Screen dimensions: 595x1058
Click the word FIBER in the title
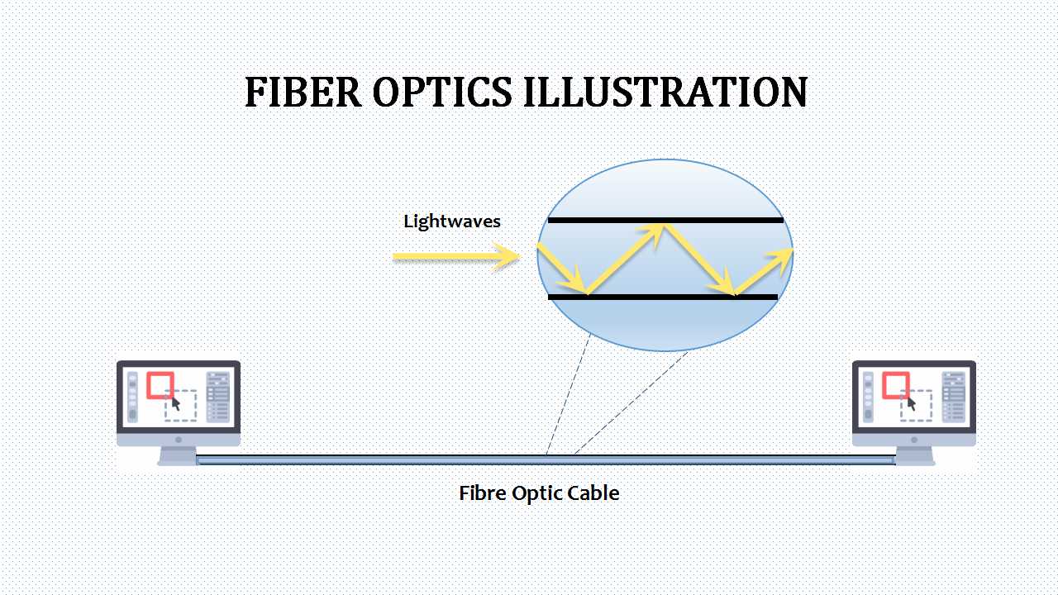pos(303,92)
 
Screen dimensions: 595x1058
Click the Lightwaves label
pos(452,221)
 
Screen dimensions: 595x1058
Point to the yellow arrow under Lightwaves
pos(455,257)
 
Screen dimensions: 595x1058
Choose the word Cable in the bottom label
pos(592,493)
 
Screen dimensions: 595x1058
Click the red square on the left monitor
pos(160,385)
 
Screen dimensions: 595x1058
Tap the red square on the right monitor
pos(896,385)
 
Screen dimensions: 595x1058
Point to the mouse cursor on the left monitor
pos(176,404)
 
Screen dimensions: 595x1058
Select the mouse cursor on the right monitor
pos(912,404)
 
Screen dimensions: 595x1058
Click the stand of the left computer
pos(178,455)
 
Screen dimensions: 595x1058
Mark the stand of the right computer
pos(913,455)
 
